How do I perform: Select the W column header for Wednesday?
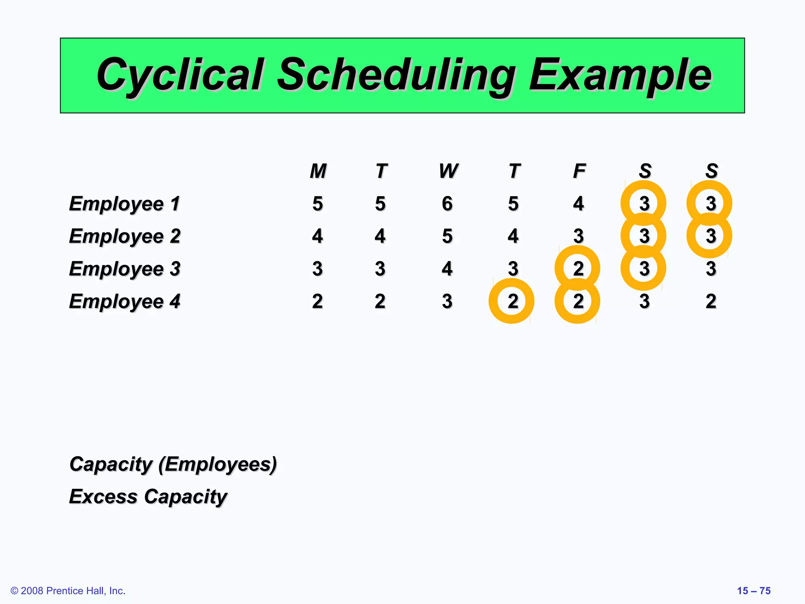(x=448, y=171)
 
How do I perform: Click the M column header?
(x=318, y=171)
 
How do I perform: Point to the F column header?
(x=579, y=171)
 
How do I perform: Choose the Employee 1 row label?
(x=124, y=204)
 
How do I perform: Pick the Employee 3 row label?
(x=124, y=269)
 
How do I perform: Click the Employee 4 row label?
(x=124, y=302)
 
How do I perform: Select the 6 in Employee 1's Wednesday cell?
(x=447, y=204)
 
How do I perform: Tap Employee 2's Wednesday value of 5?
(x=447, y=236)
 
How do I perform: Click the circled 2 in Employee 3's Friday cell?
(x=578, y=269)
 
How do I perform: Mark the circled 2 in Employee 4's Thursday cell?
(x=512, y=302)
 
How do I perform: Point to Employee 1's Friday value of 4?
(x=578, y=204)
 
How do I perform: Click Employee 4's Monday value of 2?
(x=318, y=302)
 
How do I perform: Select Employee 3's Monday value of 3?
(x=318, y=269)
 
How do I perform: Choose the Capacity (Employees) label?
(x=173, y=464)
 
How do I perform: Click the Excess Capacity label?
(x=148, y=497)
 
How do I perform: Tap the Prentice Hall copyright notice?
(x=68, y=591)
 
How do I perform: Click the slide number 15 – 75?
(x=754, y=591)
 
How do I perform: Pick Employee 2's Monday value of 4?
(x=318, y=236)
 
